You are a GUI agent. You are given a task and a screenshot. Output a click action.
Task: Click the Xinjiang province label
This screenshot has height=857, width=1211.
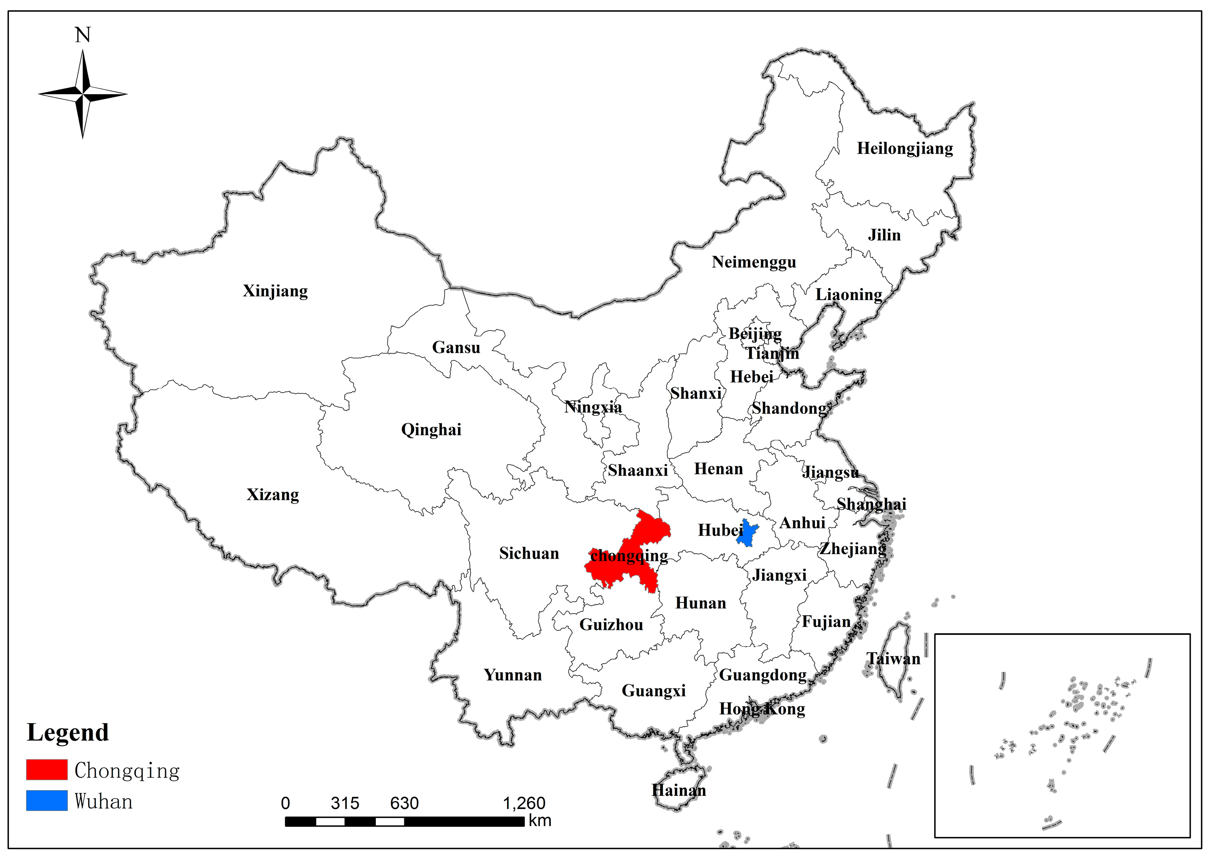pos(275,291)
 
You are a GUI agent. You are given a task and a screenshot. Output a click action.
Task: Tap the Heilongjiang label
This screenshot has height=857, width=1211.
pos(904,149)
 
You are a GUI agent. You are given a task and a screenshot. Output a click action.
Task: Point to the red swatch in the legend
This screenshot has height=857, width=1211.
pos(47,769)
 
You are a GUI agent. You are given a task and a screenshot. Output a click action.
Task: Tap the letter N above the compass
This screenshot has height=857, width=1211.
pos(82,35)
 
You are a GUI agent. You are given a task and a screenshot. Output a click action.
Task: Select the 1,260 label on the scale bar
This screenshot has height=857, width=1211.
pos(524,803)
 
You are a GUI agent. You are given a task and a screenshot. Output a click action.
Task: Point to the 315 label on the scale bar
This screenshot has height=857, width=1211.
pos(344,803)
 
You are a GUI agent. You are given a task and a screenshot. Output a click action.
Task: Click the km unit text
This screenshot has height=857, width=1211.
pos(540,821)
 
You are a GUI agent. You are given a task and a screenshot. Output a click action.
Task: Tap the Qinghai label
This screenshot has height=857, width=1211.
pos(431,430)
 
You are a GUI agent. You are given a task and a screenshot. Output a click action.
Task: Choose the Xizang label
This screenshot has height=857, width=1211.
pos(273,495)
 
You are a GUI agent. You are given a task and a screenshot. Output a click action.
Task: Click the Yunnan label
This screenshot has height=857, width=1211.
pos(513,675)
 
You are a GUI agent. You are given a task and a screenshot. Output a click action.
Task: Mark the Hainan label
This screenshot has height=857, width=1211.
pos(678,790)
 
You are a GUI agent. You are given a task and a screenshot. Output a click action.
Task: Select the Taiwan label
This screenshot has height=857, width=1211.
pos(893,658)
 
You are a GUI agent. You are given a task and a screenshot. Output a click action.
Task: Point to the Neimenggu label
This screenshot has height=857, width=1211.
pos(754,262)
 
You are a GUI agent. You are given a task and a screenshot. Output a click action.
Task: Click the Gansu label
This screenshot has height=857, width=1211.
pos(456,347)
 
